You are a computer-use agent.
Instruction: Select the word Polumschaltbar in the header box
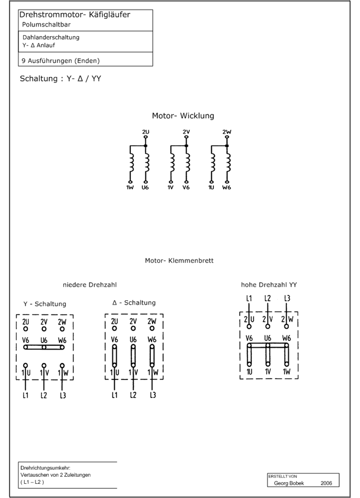[x=46, y=25]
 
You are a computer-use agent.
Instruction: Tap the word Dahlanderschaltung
[x=51, y=37]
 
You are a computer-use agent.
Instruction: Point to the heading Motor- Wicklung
[x=183, y=116]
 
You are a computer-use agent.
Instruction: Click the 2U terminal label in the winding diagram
[x=146, y=131]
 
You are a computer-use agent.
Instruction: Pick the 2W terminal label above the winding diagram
[x=227, y=131]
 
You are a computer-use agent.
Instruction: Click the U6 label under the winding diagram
[x=145, y=187]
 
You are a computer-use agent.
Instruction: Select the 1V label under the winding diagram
[x=171, y=187]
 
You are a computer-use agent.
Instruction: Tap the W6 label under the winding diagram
[x=227, y=187]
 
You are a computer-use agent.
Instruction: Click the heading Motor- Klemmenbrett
[x=179, y=260]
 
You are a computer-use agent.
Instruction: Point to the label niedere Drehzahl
[x=90, y=285]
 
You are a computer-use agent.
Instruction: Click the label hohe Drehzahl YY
[x=269, y=285]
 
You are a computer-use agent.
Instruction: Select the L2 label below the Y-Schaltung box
[x=44, y=396]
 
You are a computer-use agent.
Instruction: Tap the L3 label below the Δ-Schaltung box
[x=153, y=395]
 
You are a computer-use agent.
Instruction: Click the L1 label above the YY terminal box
[x=249, y=298]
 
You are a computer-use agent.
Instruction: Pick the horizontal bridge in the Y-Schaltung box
[x=44, y=347]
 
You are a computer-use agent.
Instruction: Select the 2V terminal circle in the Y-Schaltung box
[x=44, y=329]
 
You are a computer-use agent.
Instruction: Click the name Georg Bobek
[x=289, y=483]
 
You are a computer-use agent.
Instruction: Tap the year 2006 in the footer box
[x=326, y=483]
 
